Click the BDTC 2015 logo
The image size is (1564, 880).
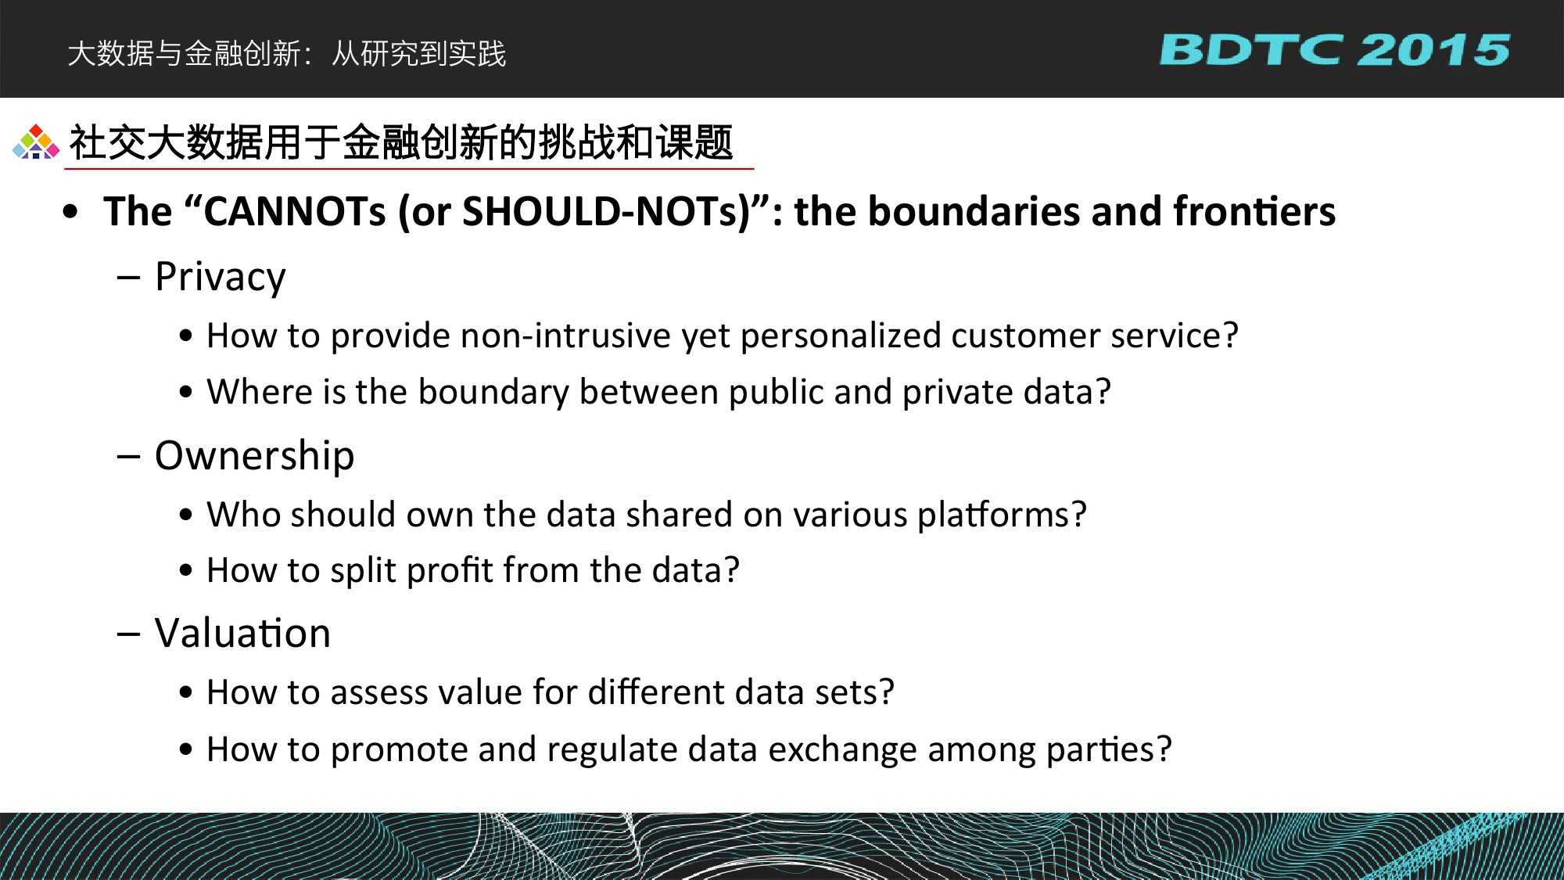tap(1334, 50)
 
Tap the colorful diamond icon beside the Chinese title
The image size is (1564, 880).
tap(36, 142)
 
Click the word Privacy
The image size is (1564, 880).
tap(221, 278)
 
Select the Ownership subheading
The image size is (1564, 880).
tap(254, 456)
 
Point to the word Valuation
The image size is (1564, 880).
tap(242, 633)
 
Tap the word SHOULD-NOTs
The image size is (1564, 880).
tap(600, 211)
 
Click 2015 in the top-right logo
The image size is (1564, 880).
tap(1433, 50)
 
